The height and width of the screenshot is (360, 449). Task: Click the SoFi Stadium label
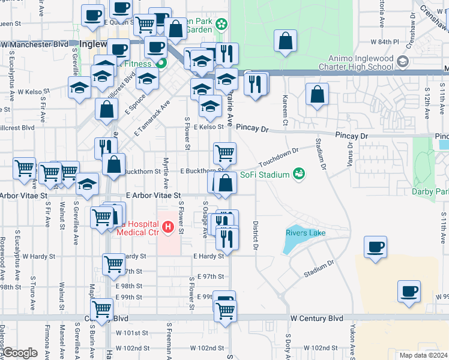[264, 175]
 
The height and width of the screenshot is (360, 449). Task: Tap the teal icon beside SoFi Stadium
[298, 174]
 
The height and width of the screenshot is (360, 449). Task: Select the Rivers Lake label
[306, 233]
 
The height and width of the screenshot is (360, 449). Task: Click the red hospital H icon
[168, 227]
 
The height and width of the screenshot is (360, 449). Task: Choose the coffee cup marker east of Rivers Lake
[375, 247]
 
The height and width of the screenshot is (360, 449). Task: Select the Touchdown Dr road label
[279, 158]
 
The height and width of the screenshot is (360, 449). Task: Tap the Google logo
[20, 353]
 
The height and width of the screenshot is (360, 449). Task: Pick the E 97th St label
[211, 276]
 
